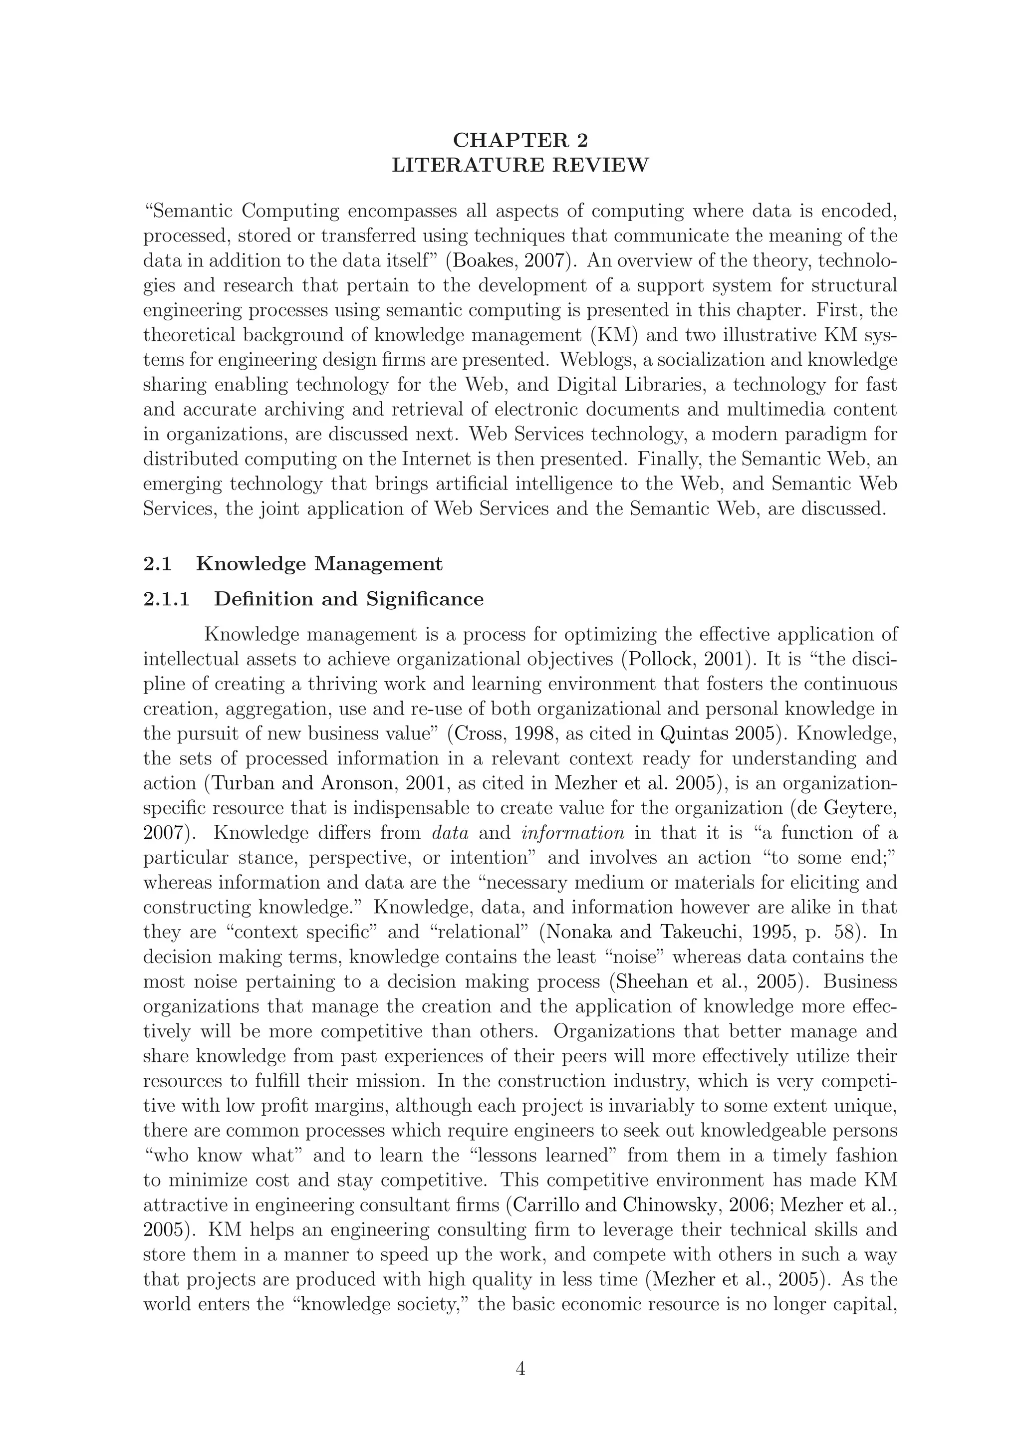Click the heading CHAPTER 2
[x=519, y=140]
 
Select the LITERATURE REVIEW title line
[x=519, y=165]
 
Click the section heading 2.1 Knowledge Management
[x=293, y=564]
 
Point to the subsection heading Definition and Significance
[x=348, y=599]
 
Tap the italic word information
[x=573, y=833]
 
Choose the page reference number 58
[x=844, y=932]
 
